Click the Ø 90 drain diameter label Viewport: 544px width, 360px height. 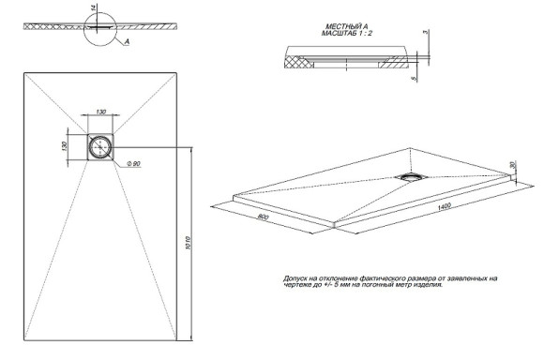[135, 164]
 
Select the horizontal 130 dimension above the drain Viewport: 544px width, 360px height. [99, 112]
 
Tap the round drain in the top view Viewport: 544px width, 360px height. [99, 146]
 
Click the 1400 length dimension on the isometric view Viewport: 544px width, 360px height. [440, 205]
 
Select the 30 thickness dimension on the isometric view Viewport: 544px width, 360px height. [513, 164]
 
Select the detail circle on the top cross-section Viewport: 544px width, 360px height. [110, 27]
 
